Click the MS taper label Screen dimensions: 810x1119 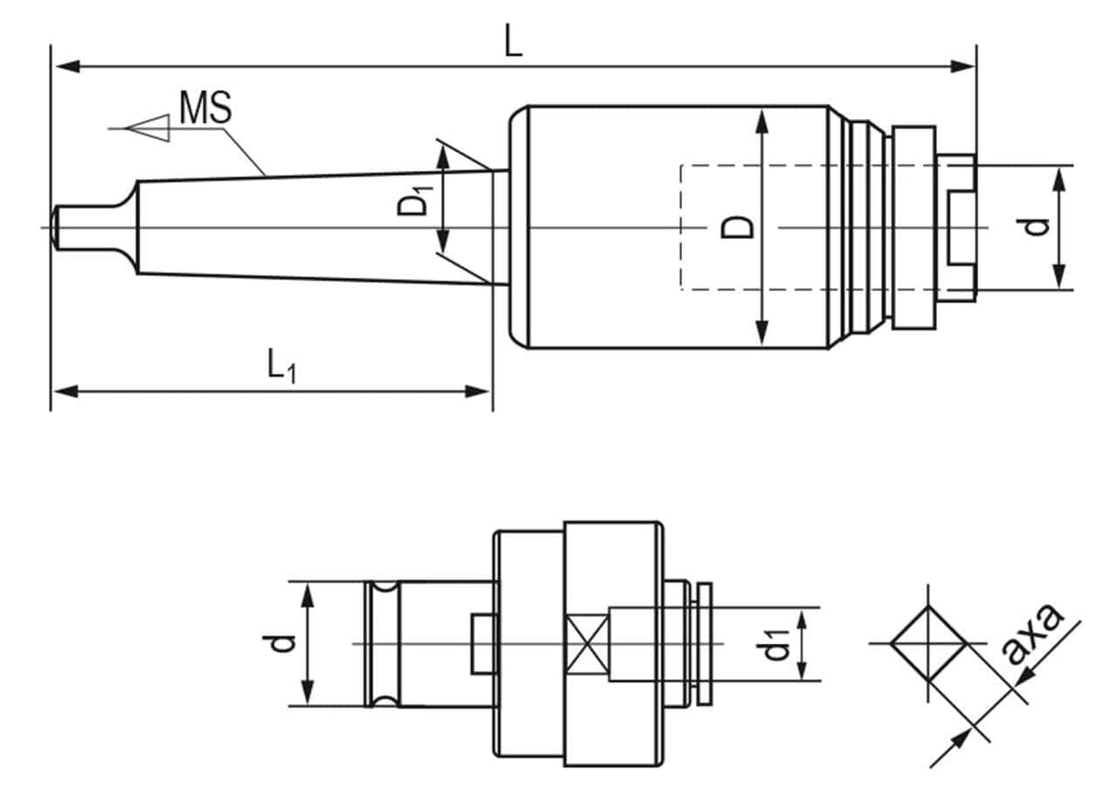click(205, 108)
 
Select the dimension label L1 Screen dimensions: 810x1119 click(282, 367)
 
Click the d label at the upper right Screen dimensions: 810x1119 click(1039, 225)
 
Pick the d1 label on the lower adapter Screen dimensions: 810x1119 click(776, 645)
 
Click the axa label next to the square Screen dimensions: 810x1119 click(1032, 635)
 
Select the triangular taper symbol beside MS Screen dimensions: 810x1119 click(149, 128)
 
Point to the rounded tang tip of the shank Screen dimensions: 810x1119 click(57, 227)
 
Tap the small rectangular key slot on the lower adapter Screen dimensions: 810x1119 click(481, 643)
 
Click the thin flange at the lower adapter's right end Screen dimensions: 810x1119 click(705, 643)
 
